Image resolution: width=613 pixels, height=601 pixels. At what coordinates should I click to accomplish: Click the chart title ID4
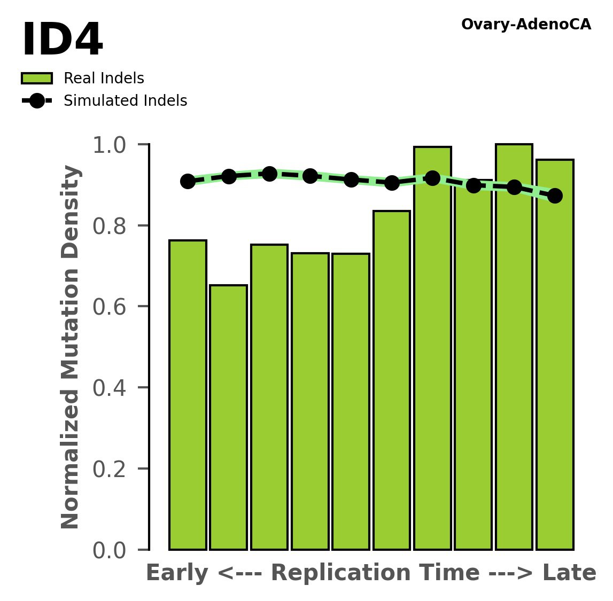[62, 41]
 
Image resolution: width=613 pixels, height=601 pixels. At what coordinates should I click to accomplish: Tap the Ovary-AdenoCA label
[526, 25]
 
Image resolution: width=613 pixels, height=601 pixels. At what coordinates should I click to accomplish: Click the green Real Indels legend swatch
[37, 79]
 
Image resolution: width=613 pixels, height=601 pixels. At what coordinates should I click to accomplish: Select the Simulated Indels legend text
[125, 101]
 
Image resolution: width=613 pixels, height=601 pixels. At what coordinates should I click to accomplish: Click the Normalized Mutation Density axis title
[71, 347]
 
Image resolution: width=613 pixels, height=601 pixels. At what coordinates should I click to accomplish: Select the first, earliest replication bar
[188, 395]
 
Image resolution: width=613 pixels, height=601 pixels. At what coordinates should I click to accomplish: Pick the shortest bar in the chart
[228, 417]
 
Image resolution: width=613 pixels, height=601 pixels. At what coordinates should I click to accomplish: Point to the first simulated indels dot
[188, 181]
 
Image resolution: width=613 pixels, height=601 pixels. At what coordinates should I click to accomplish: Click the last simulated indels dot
[555, 196]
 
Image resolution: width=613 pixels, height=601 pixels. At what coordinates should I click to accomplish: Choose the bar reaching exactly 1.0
[514, 347]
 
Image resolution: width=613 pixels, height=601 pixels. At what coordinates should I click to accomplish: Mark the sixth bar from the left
[392, 379]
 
